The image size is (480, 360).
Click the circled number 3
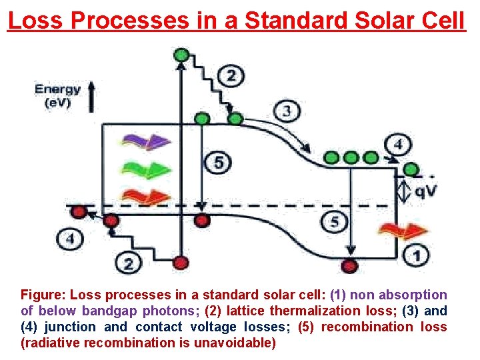286,111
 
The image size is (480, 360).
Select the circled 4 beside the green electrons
398,143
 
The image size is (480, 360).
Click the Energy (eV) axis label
57,96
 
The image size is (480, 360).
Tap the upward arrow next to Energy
91,96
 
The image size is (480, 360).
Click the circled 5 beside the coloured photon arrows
218,162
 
